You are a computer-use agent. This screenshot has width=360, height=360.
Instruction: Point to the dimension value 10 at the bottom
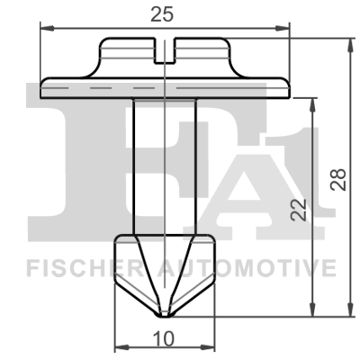pyautogui.click(x=164, y=339)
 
